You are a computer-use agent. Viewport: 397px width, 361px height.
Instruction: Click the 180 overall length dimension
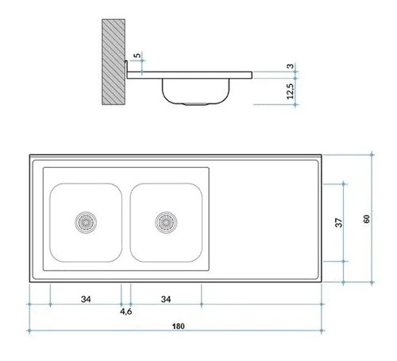[178, 326]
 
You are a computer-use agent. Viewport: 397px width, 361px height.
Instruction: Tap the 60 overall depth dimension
[367, 219]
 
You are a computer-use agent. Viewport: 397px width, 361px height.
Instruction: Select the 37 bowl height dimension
[338, 223]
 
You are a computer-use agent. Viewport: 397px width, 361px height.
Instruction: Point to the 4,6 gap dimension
[126, 312]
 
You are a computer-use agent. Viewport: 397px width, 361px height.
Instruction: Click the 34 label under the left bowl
[86, 299]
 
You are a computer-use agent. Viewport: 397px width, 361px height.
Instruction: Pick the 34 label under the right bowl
[166, 299]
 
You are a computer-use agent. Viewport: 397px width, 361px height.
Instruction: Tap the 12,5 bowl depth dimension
[291, 91]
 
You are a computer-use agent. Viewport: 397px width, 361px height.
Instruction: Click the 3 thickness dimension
[291, 66]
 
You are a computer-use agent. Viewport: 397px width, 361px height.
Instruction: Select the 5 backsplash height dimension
[137, 56]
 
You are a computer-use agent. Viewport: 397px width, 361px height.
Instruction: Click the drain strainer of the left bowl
[86, 223]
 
